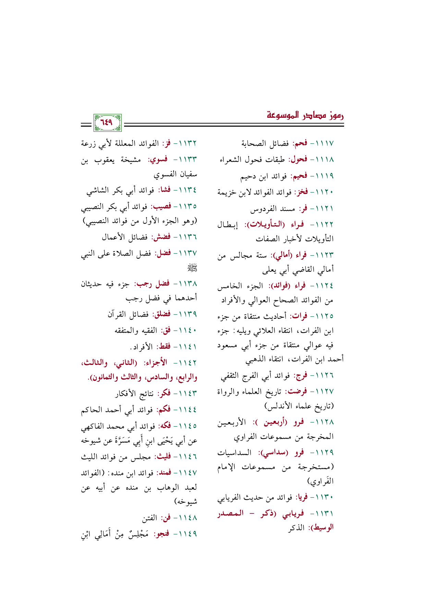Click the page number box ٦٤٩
[x=107, y=123]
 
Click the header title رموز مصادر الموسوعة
[x=305, y=115]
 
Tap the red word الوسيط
[x=324, y=528]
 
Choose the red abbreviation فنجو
[x=162, y=534]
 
